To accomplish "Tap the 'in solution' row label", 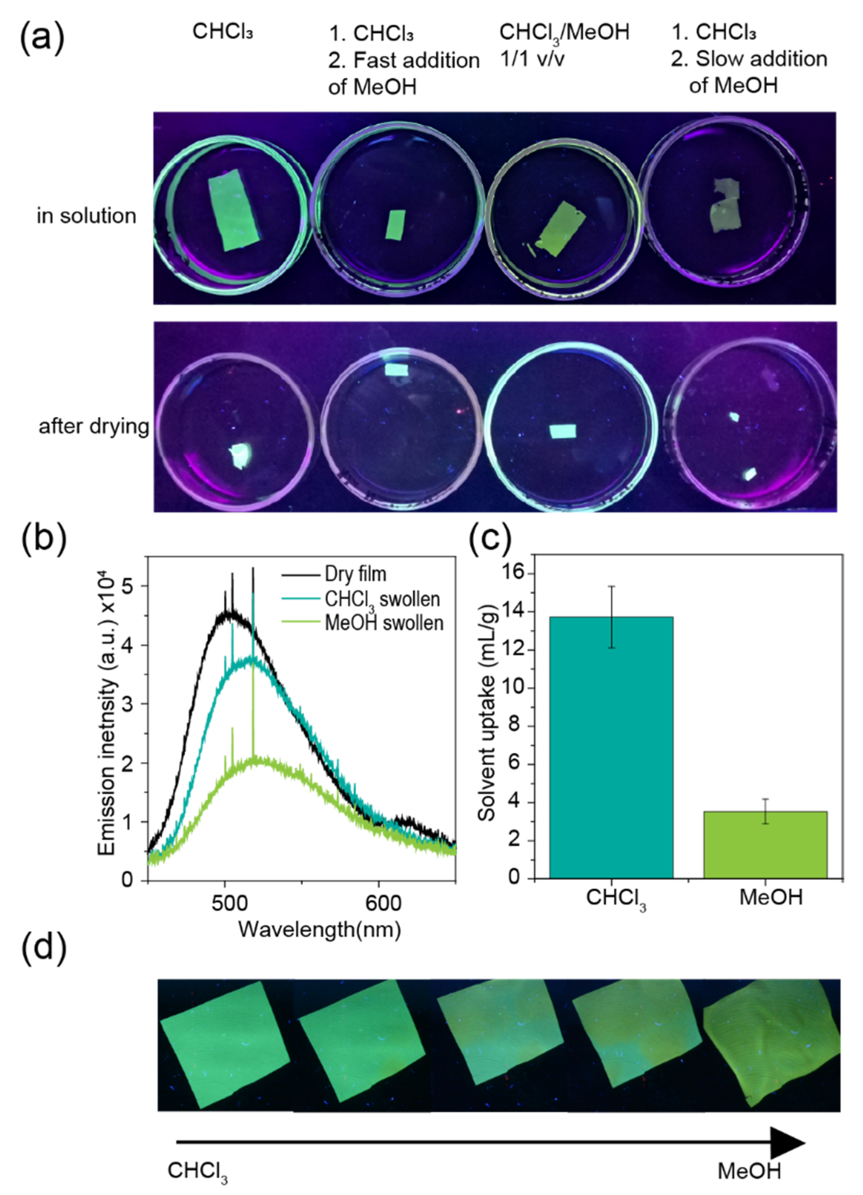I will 86,216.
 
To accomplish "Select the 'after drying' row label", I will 93,426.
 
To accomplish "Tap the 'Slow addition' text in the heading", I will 761,59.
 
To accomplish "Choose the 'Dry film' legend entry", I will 355,574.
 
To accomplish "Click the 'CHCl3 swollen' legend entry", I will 382,599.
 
